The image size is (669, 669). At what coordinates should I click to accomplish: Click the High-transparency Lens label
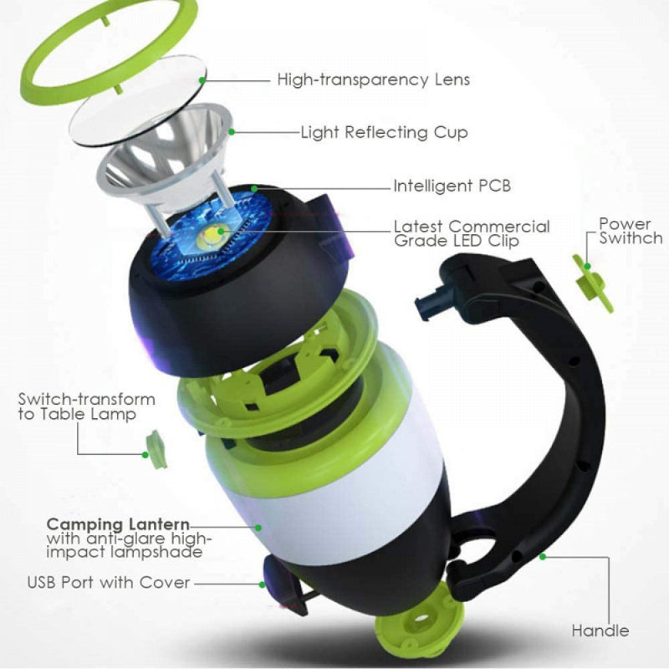373,80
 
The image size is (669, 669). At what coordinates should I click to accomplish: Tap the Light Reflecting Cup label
384,132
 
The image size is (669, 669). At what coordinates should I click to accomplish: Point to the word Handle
600,631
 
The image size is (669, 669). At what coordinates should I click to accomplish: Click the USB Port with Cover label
109,582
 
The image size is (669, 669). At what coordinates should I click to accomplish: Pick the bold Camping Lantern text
118,524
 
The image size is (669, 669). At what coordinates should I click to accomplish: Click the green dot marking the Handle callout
543,555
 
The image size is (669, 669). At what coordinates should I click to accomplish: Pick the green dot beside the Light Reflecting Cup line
232,132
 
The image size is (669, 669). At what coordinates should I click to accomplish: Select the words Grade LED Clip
456,241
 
